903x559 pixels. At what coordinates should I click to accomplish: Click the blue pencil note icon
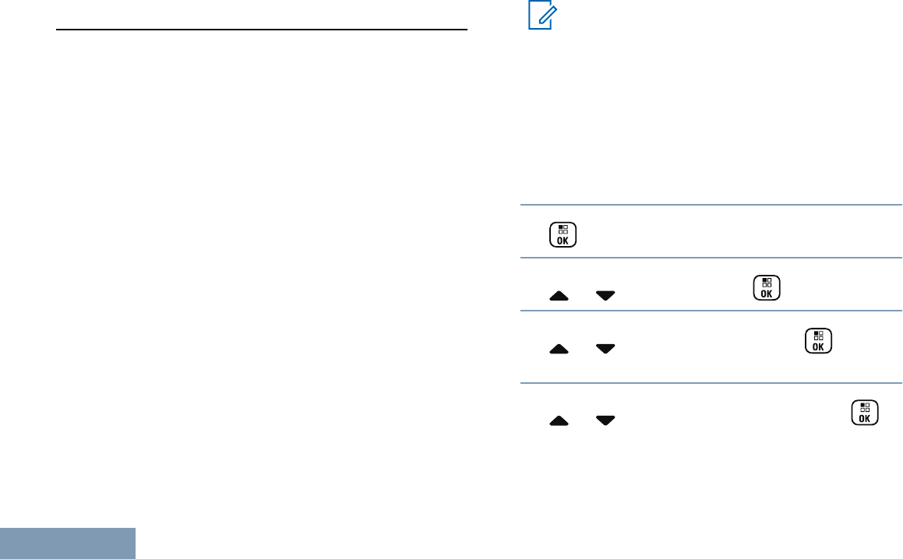pyautogui.click(x=539, y=16)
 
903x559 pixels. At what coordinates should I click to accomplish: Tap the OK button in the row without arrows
pyautogui.click(x=563, y=235)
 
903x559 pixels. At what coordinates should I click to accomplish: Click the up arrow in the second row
pyautogui.click(x=559, y=296)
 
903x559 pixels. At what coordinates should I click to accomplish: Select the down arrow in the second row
pyautogui.click(x=605, y=296)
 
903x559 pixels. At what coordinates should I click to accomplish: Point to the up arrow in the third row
pyautogui.click(x=559, y=350)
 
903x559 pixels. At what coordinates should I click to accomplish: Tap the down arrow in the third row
pyautogui.click(x=605, y=350)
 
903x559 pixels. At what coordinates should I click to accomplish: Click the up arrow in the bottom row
pyautogui.click(x=559, y=420)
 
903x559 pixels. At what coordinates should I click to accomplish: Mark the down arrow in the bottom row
pyautogui.click(x=605, y=420)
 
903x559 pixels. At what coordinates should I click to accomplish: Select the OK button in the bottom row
pyautogui.click(x=864, y=413)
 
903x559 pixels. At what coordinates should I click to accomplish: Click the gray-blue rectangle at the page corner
pyautogui.click(x=67, y=543)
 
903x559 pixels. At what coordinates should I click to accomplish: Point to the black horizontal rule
pyautogui.click(x=262, y=30)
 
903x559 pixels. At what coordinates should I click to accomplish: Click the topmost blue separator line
pyautogui.click(x=711, y=206)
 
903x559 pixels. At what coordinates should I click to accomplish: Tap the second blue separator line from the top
pyautogui.click(x=711, y=258)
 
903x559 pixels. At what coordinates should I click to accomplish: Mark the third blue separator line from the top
pyautogui.click(x=711, y=311)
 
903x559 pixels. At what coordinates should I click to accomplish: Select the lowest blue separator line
pyautogui.click(x=711, y=382)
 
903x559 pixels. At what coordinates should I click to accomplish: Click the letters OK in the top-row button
pyautogui.click(x=563, y=241)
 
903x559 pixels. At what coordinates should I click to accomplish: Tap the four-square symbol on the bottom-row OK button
pyautogui.click(x=864, y=407)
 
